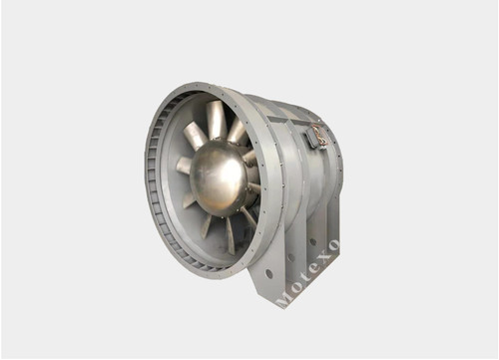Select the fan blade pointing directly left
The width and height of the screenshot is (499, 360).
(x=185, y=165)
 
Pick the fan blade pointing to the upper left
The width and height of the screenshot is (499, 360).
(x=194, y=135)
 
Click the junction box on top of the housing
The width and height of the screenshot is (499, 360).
(x=316, y=136)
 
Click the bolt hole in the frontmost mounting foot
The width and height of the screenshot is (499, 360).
(x=268, y=271)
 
